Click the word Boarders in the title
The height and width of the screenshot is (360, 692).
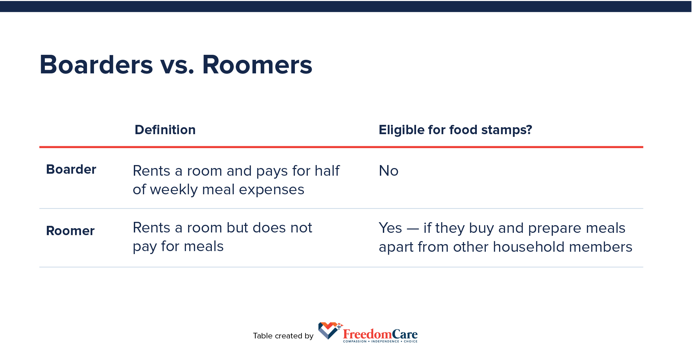tap(96, 65)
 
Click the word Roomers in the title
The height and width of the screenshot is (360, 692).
tap(257, 65)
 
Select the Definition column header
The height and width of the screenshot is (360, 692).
tap(165, 130)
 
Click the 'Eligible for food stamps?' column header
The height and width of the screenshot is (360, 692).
tap(455, 130)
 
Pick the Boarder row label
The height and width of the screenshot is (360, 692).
tap(71, 169)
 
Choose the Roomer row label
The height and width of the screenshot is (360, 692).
tap(70, 231)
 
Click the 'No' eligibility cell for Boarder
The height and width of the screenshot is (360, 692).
tap(389, 171)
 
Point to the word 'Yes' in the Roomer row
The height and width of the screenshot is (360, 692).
tap(390, 228)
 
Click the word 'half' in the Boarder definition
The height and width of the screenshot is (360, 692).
tap(327, 171)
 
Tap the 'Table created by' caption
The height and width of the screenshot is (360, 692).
tap(283, 336)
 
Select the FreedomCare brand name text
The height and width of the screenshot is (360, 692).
tap(380, 334)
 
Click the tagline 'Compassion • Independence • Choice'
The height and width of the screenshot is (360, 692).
tap(380, 341)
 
